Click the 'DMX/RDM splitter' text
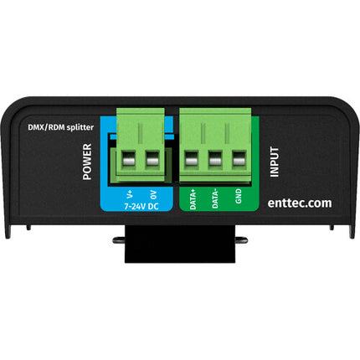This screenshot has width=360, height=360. click(x=60, y=127)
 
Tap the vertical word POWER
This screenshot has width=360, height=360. click(x=87, y=162)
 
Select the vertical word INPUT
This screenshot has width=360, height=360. click(x=275, y=162)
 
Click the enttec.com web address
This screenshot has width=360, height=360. click(x=300, y=203)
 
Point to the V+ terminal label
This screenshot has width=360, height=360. click(x=130, y=194)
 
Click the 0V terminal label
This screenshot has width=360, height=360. click(x=153, y=195)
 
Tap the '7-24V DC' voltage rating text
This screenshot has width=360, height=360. click(x=141, y=207)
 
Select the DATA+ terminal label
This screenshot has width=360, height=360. click(x=193, y=199)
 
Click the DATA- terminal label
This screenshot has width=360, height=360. click(x=215, y=198)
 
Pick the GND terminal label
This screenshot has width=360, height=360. click(x=238, y=196)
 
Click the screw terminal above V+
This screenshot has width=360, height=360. click(x=129, y=160)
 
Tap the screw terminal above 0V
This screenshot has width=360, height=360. click(x=152, y=160)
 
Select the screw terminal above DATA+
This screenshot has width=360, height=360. click(x=192, y=160)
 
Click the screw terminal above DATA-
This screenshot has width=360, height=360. click(x=215, y=160)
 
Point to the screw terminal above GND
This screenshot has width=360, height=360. click(x=239, y=160)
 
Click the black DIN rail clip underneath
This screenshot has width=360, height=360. click(x=180, y=244)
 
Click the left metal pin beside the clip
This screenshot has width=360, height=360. click(x=119, y=239)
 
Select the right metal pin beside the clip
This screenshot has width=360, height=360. click(x=242, y=239)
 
